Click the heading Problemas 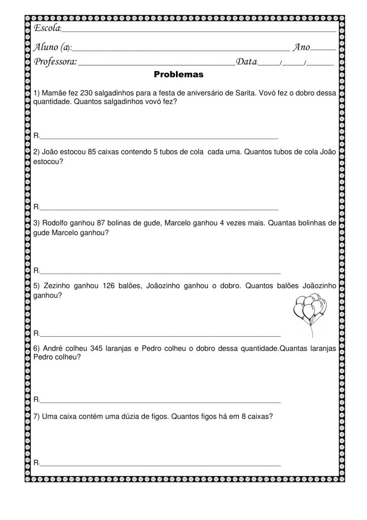click(x=178, y=75)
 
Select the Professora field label click(x=55, y=62)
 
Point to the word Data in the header click(x=247, y=62)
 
